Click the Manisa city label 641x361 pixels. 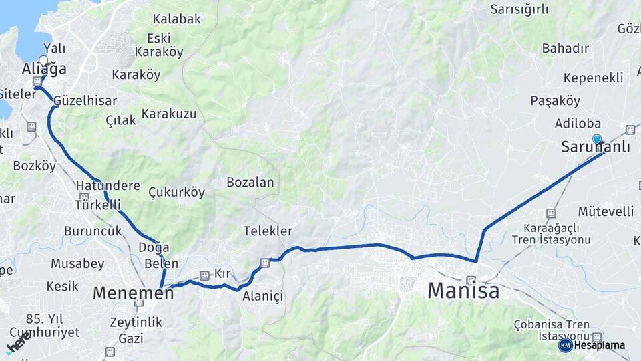463,291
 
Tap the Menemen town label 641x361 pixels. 133,292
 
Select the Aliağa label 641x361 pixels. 44,69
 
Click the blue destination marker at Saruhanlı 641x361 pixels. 597,139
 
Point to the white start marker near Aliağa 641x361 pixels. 43,60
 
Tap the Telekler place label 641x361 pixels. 268,231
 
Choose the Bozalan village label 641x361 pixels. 250,182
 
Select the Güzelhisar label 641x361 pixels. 85,100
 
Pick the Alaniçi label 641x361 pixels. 263,295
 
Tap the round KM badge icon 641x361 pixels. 565,345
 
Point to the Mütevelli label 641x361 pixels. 606,211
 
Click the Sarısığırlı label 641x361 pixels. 519,9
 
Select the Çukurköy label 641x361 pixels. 176,192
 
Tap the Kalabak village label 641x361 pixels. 176,19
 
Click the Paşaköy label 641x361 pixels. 555,100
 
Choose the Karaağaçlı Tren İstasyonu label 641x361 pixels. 552,233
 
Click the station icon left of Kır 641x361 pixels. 204,275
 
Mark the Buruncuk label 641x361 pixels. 93,231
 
